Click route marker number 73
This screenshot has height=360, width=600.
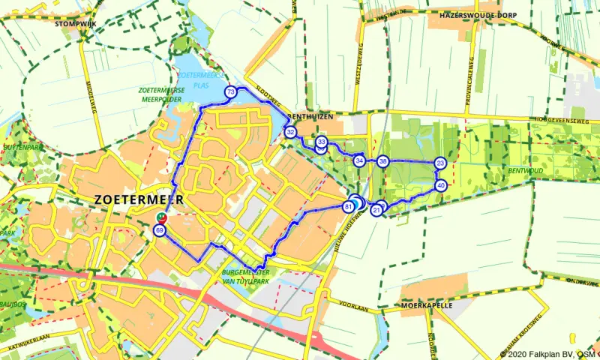230,92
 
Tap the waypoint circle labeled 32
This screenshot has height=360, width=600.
290,132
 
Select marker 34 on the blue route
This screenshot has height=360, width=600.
359,160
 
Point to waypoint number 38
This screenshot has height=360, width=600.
383,161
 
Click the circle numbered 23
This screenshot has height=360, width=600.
440,163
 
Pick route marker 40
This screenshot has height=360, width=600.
441,185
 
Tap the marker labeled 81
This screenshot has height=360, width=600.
348,206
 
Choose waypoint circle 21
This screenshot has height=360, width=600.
376,211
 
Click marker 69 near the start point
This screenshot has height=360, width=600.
159,230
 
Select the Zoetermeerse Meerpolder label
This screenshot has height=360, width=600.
161,94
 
